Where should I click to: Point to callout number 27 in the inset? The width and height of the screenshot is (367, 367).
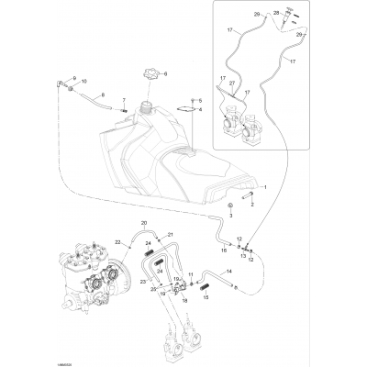tap(233, 83)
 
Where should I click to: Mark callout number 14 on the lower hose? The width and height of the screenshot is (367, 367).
tap(242, 271)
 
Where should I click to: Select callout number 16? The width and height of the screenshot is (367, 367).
tap(223, 248)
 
